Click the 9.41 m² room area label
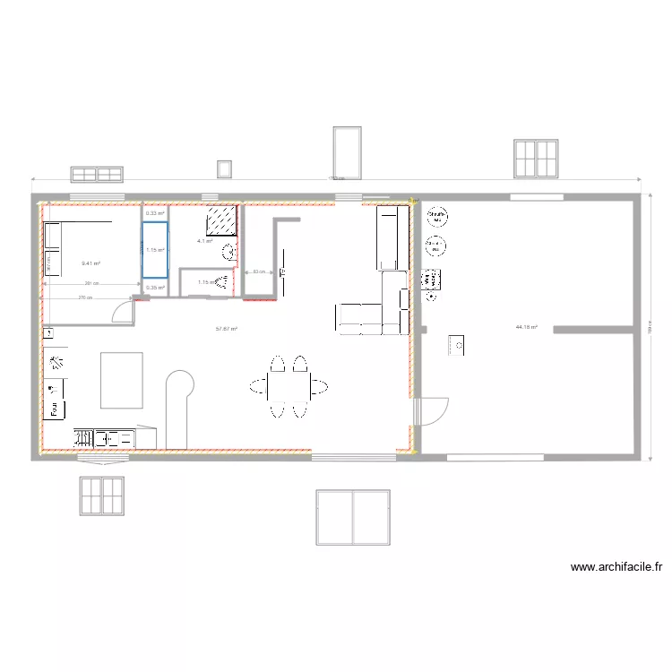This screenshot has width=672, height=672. [x=90, y=263]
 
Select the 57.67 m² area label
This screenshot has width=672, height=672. [x=227, y=329]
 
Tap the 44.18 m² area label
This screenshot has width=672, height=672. [x=526, y=327]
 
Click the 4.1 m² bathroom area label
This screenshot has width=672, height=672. [x=205, y=241]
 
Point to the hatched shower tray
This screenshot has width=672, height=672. [x=221, y=220]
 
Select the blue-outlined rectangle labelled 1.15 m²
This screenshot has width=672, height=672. [x=154, y=249]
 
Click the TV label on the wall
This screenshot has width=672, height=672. [x=282, y=271]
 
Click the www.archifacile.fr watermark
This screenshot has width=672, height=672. [x=616, y=566]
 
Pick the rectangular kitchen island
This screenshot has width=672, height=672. [x=122, y=380]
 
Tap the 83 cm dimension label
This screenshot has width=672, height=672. [x=257, y=271]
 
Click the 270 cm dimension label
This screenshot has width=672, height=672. [x=84, y=297]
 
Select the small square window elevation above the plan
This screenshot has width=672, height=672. [x=224, y=168]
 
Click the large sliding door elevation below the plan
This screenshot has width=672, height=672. [x=352, y=517]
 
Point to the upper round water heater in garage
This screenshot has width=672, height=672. [x=437, y=216]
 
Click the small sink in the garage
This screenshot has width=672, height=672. [x=456, y=344]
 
